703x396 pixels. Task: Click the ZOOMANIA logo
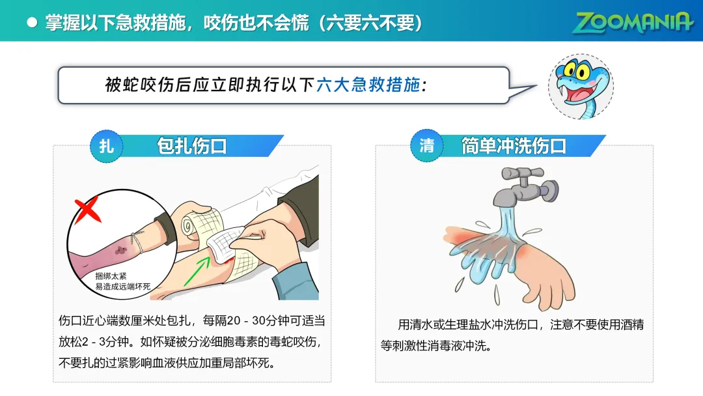632,22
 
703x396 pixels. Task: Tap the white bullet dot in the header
32,22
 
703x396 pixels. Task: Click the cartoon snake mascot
581,86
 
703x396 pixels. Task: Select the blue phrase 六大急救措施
368,85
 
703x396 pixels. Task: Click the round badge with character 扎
106,146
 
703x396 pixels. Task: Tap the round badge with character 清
426,145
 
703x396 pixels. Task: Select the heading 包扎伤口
192,146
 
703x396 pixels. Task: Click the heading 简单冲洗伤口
514,146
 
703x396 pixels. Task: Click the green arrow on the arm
197,271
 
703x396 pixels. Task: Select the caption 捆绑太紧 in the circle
111,276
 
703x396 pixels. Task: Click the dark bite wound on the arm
121,251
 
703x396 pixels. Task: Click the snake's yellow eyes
577,70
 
